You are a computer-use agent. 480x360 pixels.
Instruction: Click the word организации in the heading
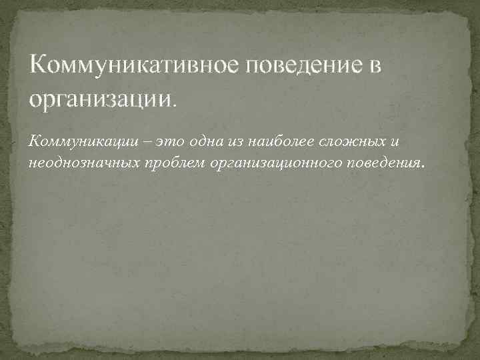(99, 99)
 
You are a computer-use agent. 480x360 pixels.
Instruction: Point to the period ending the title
(176, 104)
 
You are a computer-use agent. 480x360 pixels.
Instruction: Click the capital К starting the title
(38, 67)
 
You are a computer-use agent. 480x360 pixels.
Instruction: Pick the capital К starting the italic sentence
(34, 140)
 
